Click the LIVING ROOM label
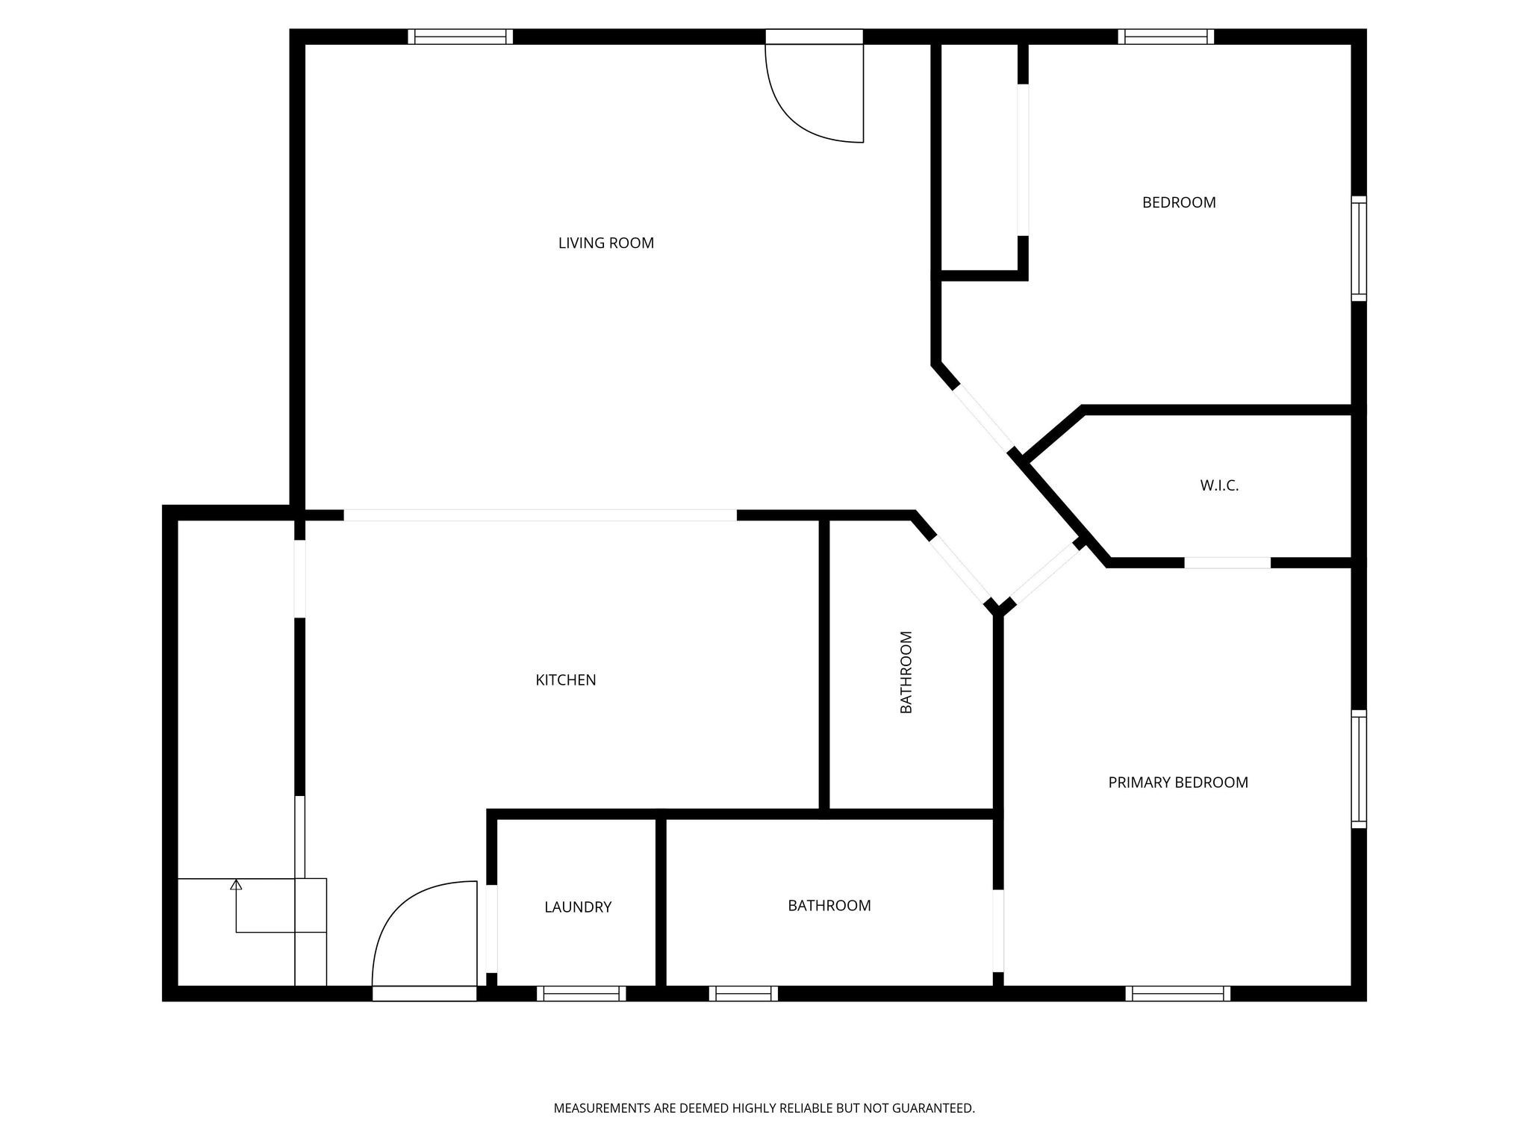(606, 243)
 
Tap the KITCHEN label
(566, 680)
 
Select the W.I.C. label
(1219, 485)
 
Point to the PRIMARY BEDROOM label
(1178, 783)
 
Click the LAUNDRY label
(578, 907)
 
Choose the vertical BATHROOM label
(906, 672)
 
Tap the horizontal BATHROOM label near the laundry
(829, 906)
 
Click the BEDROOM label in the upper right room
(1179, 202)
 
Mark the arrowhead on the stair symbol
(236, 885)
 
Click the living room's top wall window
(461, 37)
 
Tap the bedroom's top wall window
(1165, 37)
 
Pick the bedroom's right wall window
(1360, 249)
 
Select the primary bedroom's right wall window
(1360, 769)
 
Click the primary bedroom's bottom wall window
(1177, 993)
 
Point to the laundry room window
(581, 993)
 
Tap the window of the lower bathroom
(743, 993)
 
